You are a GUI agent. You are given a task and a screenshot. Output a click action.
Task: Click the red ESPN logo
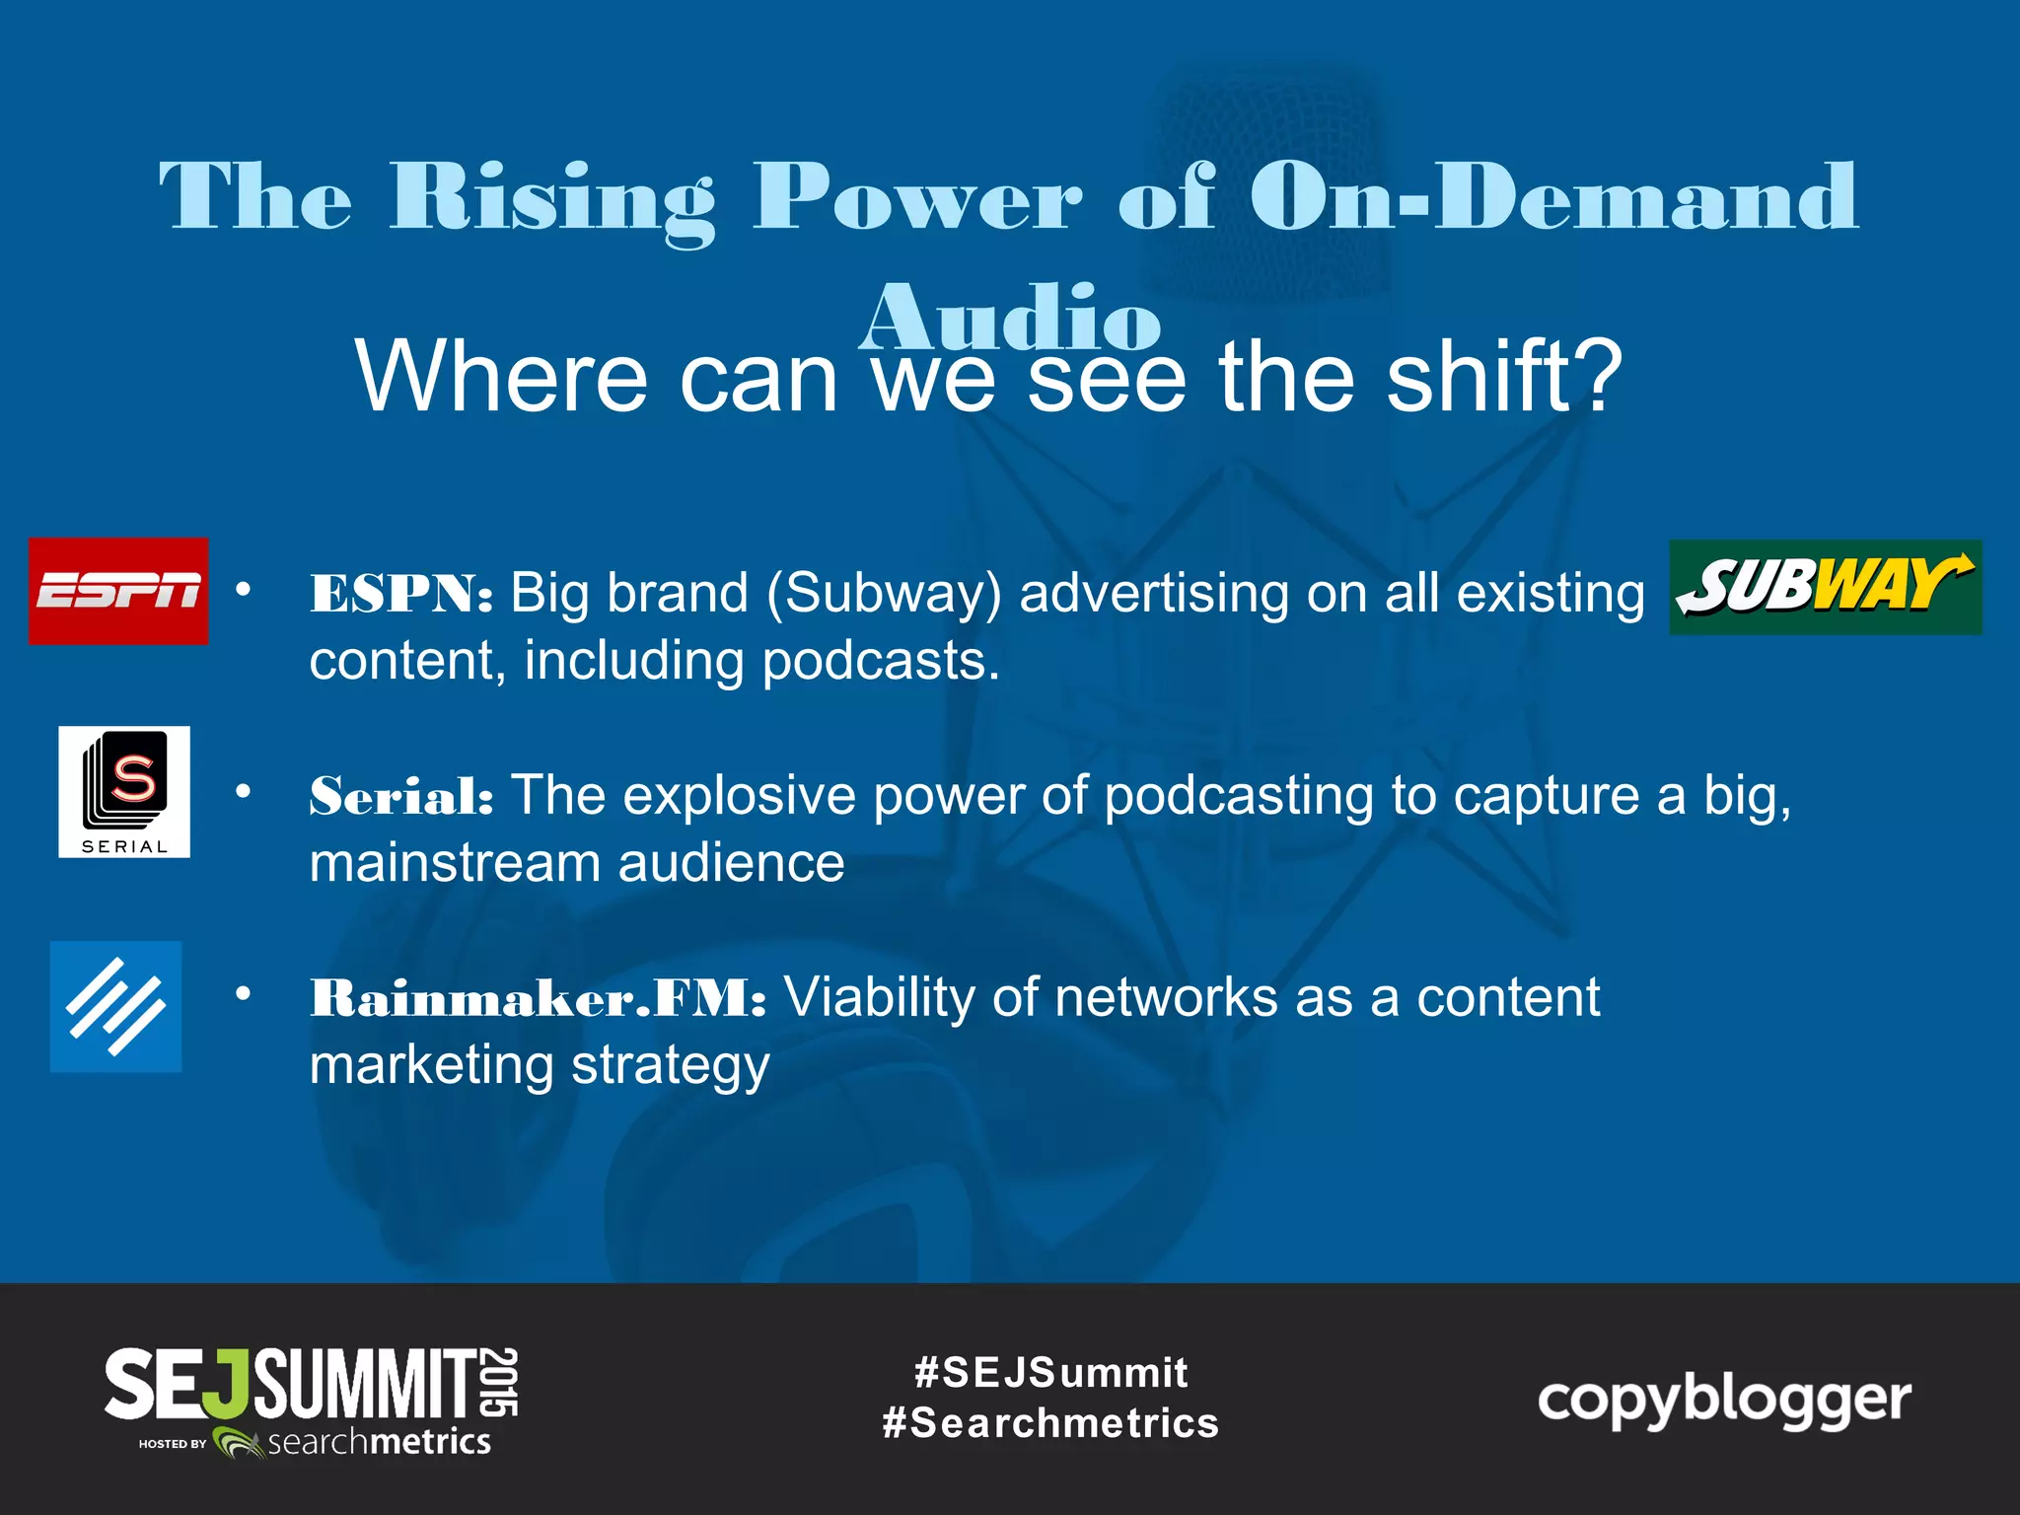click(x=118, y=591)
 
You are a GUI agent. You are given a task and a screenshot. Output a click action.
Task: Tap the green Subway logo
click(x=1825, y=587)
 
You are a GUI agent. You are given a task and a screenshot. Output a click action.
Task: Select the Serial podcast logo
click(x=124, y=792)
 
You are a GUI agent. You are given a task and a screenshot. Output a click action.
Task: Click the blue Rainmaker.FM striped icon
click(x=116, y=1006)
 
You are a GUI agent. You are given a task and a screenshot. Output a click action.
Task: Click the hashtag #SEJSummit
click(x=1050, y=1372)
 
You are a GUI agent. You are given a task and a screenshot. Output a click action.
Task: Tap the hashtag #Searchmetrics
click(x=1050, y=1423)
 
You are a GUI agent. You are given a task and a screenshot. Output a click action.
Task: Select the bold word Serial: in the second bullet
click(x=401, y=796)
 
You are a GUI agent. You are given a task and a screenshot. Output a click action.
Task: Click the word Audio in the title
click(x=1010, y=318)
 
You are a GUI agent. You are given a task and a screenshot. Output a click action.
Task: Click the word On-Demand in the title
click(x=1553, y=197)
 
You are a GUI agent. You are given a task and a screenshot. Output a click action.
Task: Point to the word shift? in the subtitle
click(x=1504, y=377)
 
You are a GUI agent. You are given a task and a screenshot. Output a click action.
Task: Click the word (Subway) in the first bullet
click(x=884, y=594)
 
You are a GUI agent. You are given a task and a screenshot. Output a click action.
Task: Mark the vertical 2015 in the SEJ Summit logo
click(x=501, y=1383)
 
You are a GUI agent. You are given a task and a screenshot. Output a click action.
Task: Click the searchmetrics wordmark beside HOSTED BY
click(x=380, y=1442)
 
